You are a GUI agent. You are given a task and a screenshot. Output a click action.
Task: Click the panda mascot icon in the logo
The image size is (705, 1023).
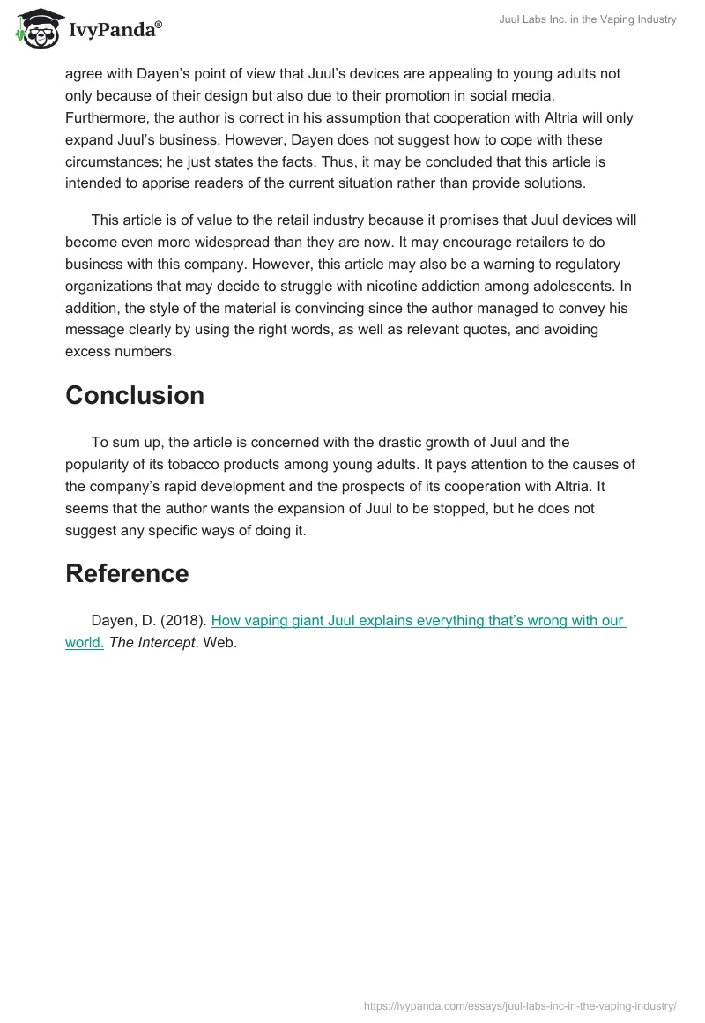pyautogui.click(x=36, y=29)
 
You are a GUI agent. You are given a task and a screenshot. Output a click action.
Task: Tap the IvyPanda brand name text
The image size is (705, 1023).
pyautogui.click(x=115, y=31)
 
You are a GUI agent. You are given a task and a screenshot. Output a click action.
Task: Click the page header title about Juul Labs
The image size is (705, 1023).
pyautogui.click(x=586, y=19)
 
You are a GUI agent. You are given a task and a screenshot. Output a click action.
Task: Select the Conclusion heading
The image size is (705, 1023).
pyautogui.click(x=135, y=395)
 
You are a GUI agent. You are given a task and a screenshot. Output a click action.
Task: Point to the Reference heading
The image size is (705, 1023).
pyautogui.click(x=127, y=573)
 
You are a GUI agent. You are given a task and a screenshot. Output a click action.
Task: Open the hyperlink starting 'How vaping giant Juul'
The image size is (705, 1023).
pyautogui.click(x=419, y=620)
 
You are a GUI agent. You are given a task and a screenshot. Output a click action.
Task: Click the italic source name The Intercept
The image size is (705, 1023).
pyautogui.click(x=152, y=643)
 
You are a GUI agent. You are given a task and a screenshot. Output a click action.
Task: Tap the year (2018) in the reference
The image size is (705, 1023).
pyautogui.click(x=187, y=620)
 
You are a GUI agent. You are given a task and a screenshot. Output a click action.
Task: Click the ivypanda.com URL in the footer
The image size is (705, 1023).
pyautogui.click(x=520, y=1004)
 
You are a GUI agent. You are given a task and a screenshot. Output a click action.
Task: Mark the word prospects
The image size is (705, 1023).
pyautogui.click(x=374, y=486)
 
